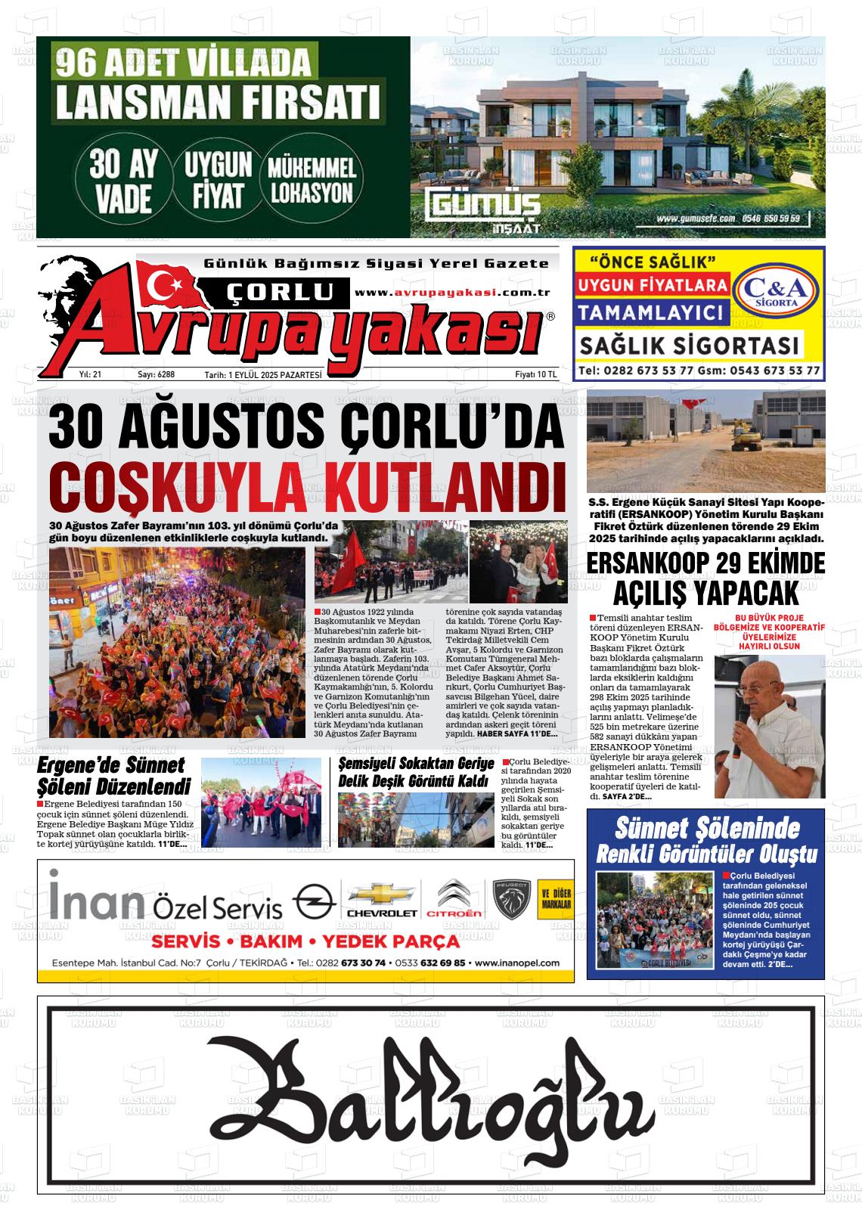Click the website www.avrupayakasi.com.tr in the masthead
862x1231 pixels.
point(451,293)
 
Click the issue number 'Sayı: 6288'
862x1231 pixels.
point(156,374)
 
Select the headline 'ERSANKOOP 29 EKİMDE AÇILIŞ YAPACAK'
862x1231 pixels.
point(705,578)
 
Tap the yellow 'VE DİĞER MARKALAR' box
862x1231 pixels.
point(556,901)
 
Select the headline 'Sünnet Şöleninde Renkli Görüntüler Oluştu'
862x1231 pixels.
point(706,841)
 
